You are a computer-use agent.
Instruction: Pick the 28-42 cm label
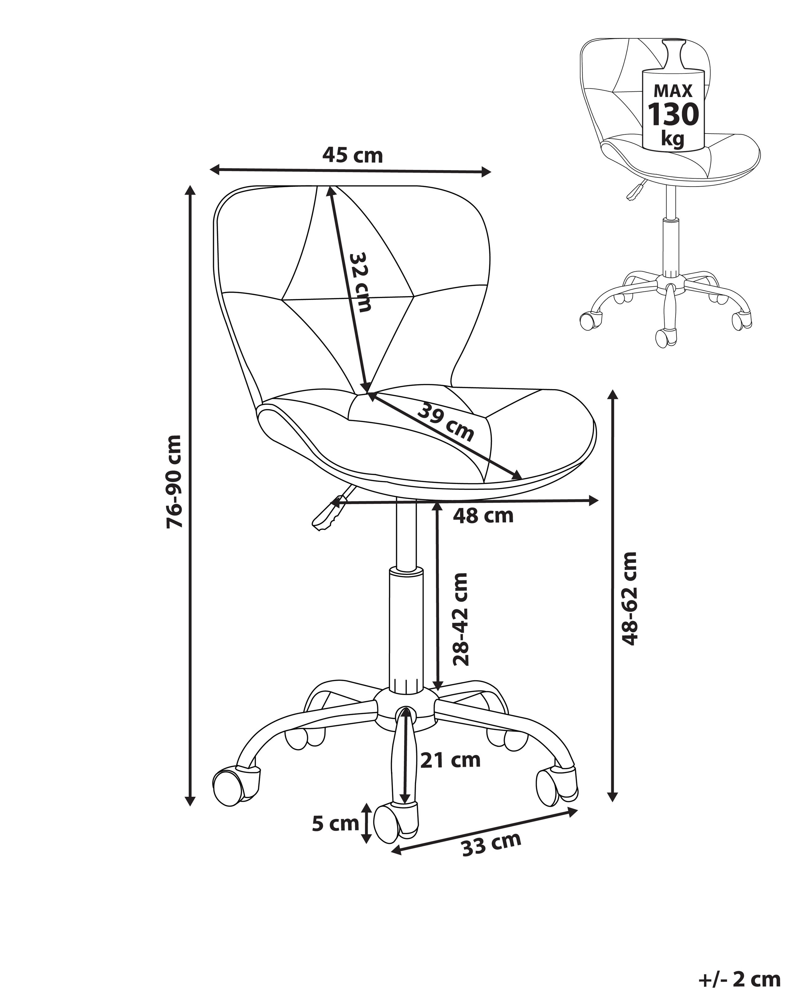(460, 619)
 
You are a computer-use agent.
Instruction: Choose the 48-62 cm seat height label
(629, 598)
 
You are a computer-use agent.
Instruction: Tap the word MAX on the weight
(673, 91)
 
